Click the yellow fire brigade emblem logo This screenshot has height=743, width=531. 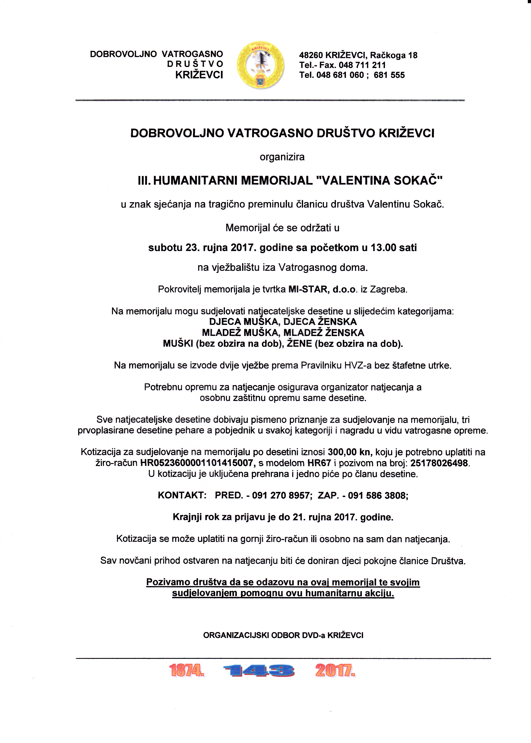(260, 65)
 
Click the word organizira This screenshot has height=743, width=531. (282, 157)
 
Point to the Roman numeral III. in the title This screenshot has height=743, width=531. (144, 180)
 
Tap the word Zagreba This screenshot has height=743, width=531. (389, 289)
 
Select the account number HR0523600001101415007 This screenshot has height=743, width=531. (197, 463)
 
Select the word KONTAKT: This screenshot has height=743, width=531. (182, 496)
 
